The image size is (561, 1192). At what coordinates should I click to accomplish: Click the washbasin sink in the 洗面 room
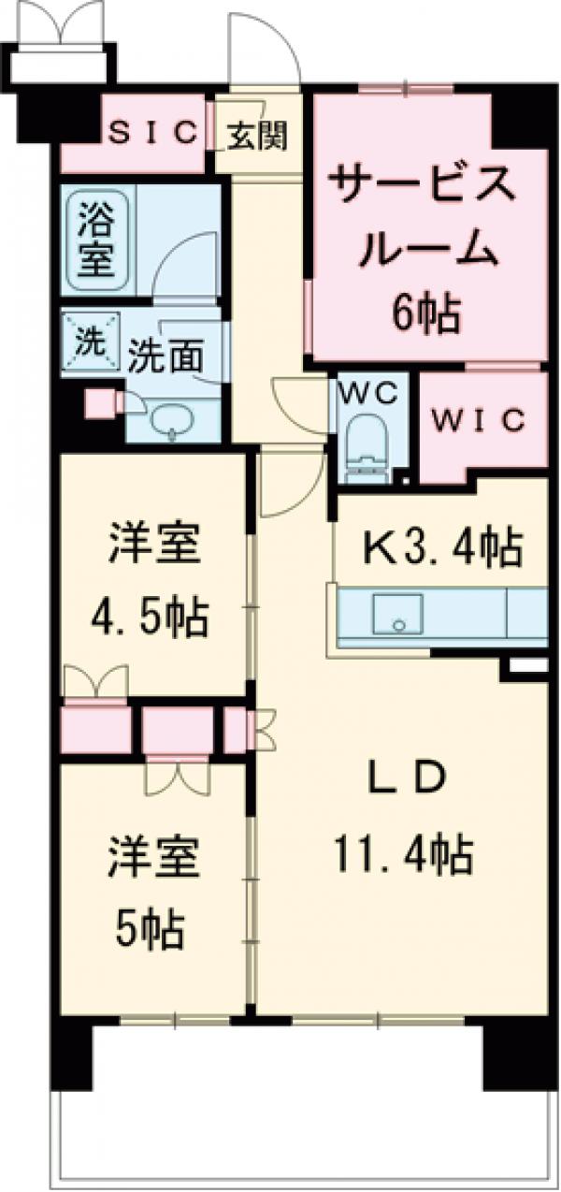171,420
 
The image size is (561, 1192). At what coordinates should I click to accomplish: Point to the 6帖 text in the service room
426,315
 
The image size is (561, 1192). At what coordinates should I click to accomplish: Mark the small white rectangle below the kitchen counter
527,665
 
